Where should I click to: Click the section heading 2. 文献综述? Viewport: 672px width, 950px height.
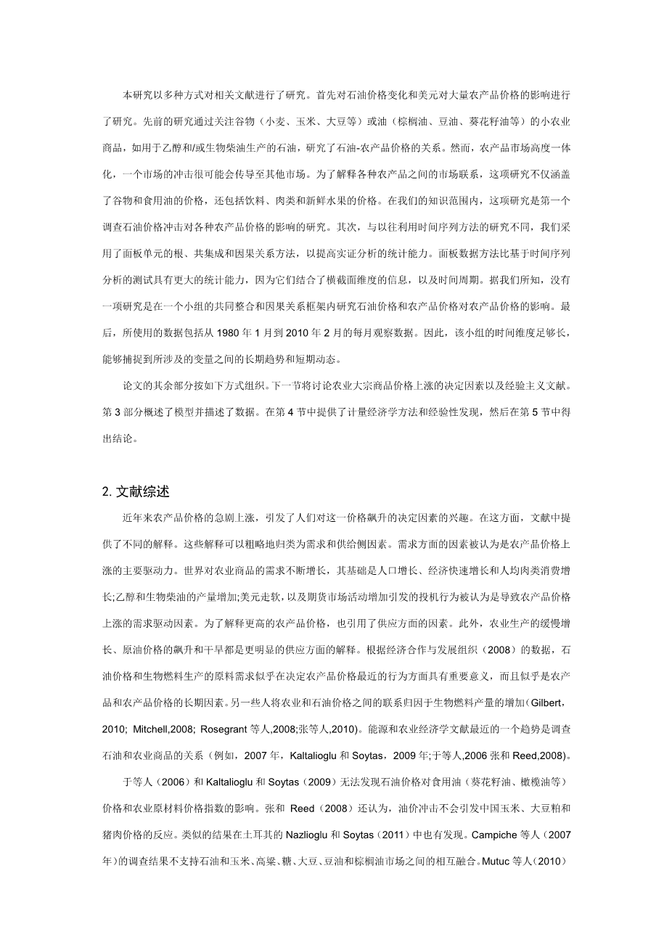coord(136,491)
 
